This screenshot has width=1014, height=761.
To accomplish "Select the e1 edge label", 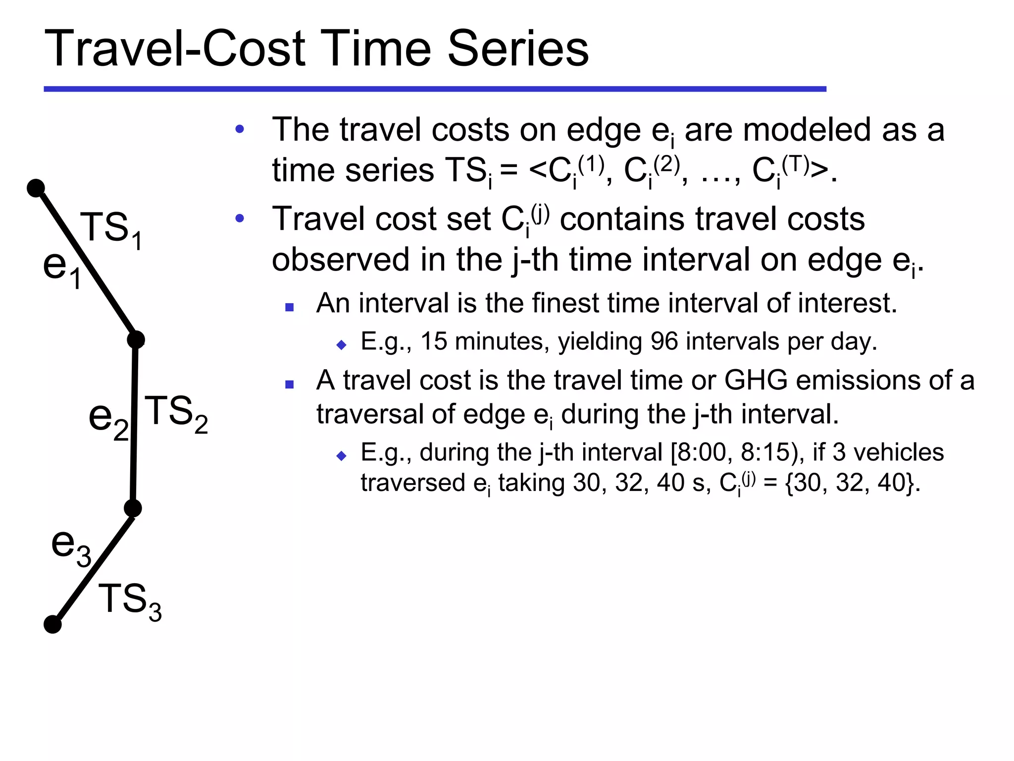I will click(x=62, y=268).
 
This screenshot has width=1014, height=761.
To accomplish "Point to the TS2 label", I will click(x=176, y=414).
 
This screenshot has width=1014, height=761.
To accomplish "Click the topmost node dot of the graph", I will click(x=36, y=188).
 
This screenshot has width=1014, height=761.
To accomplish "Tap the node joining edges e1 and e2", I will click(x=136, y=340).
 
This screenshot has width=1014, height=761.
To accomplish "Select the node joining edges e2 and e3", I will click(x=133, y=508).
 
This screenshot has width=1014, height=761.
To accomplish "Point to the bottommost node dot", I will click(x=52, y=624).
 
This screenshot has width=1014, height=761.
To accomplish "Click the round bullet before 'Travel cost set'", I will click(x=240, y=218).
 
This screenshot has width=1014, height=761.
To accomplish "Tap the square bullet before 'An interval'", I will click(x=290, y=307).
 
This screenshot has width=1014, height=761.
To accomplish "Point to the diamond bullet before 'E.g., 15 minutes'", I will click(x=341, y=345).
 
